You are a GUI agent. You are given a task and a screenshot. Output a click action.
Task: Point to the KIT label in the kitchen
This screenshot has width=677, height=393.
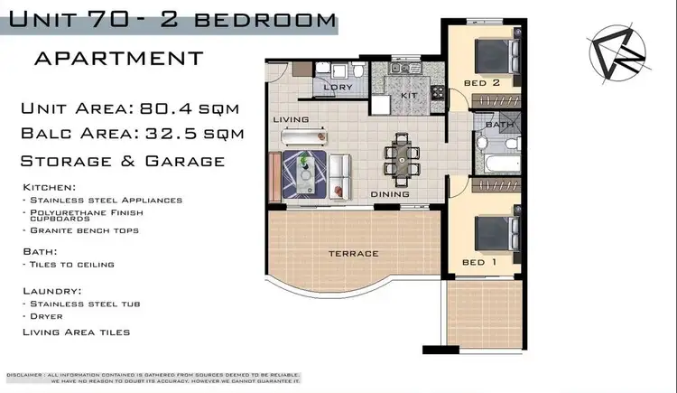pyautogui.click(x=407, y=93)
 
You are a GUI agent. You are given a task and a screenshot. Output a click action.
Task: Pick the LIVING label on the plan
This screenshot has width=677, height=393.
pyautogui.click(x=292, y=119)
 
